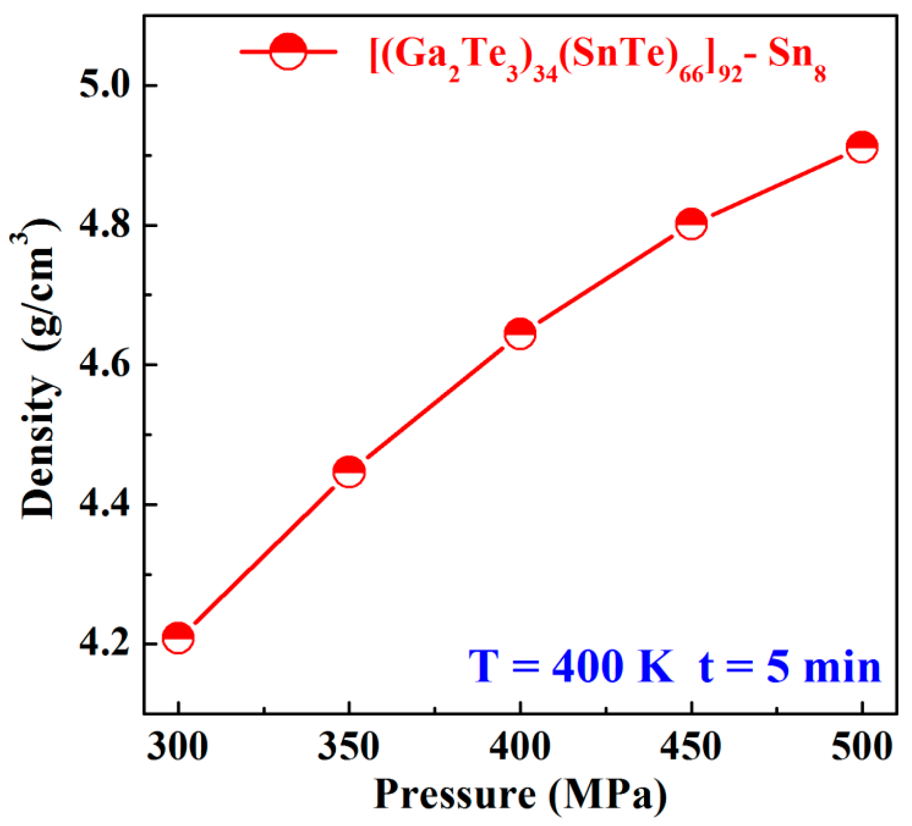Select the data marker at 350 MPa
(349, 472)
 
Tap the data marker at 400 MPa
(520, 333)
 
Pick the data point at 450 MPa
(691, 223)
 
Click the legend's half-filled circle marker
(288, 51)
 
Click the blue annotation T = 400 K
(571, 667)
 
